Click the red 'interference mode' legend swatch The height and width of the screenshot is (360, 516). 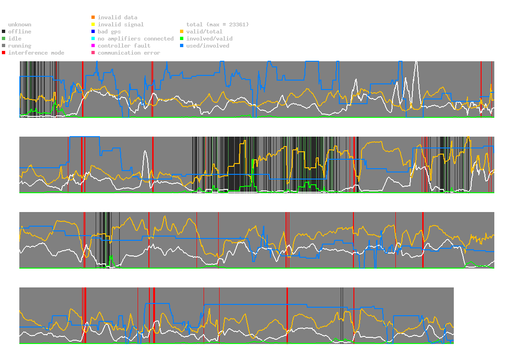(3, 53)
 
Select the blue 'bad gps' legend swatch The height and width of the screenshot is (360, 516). (93, 32)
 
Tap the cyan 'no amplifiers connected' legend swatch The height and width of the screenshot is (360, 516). (93, 39)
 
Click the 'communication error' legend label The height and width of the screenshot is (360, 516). (129, 53)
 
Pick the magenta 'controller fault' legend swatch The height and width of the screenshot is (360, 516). (93, 46)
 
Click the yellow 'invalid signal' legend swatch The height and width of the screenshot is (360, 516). (93, 25)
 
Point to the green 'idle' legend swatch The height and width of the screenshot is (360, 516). (3, 39)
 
